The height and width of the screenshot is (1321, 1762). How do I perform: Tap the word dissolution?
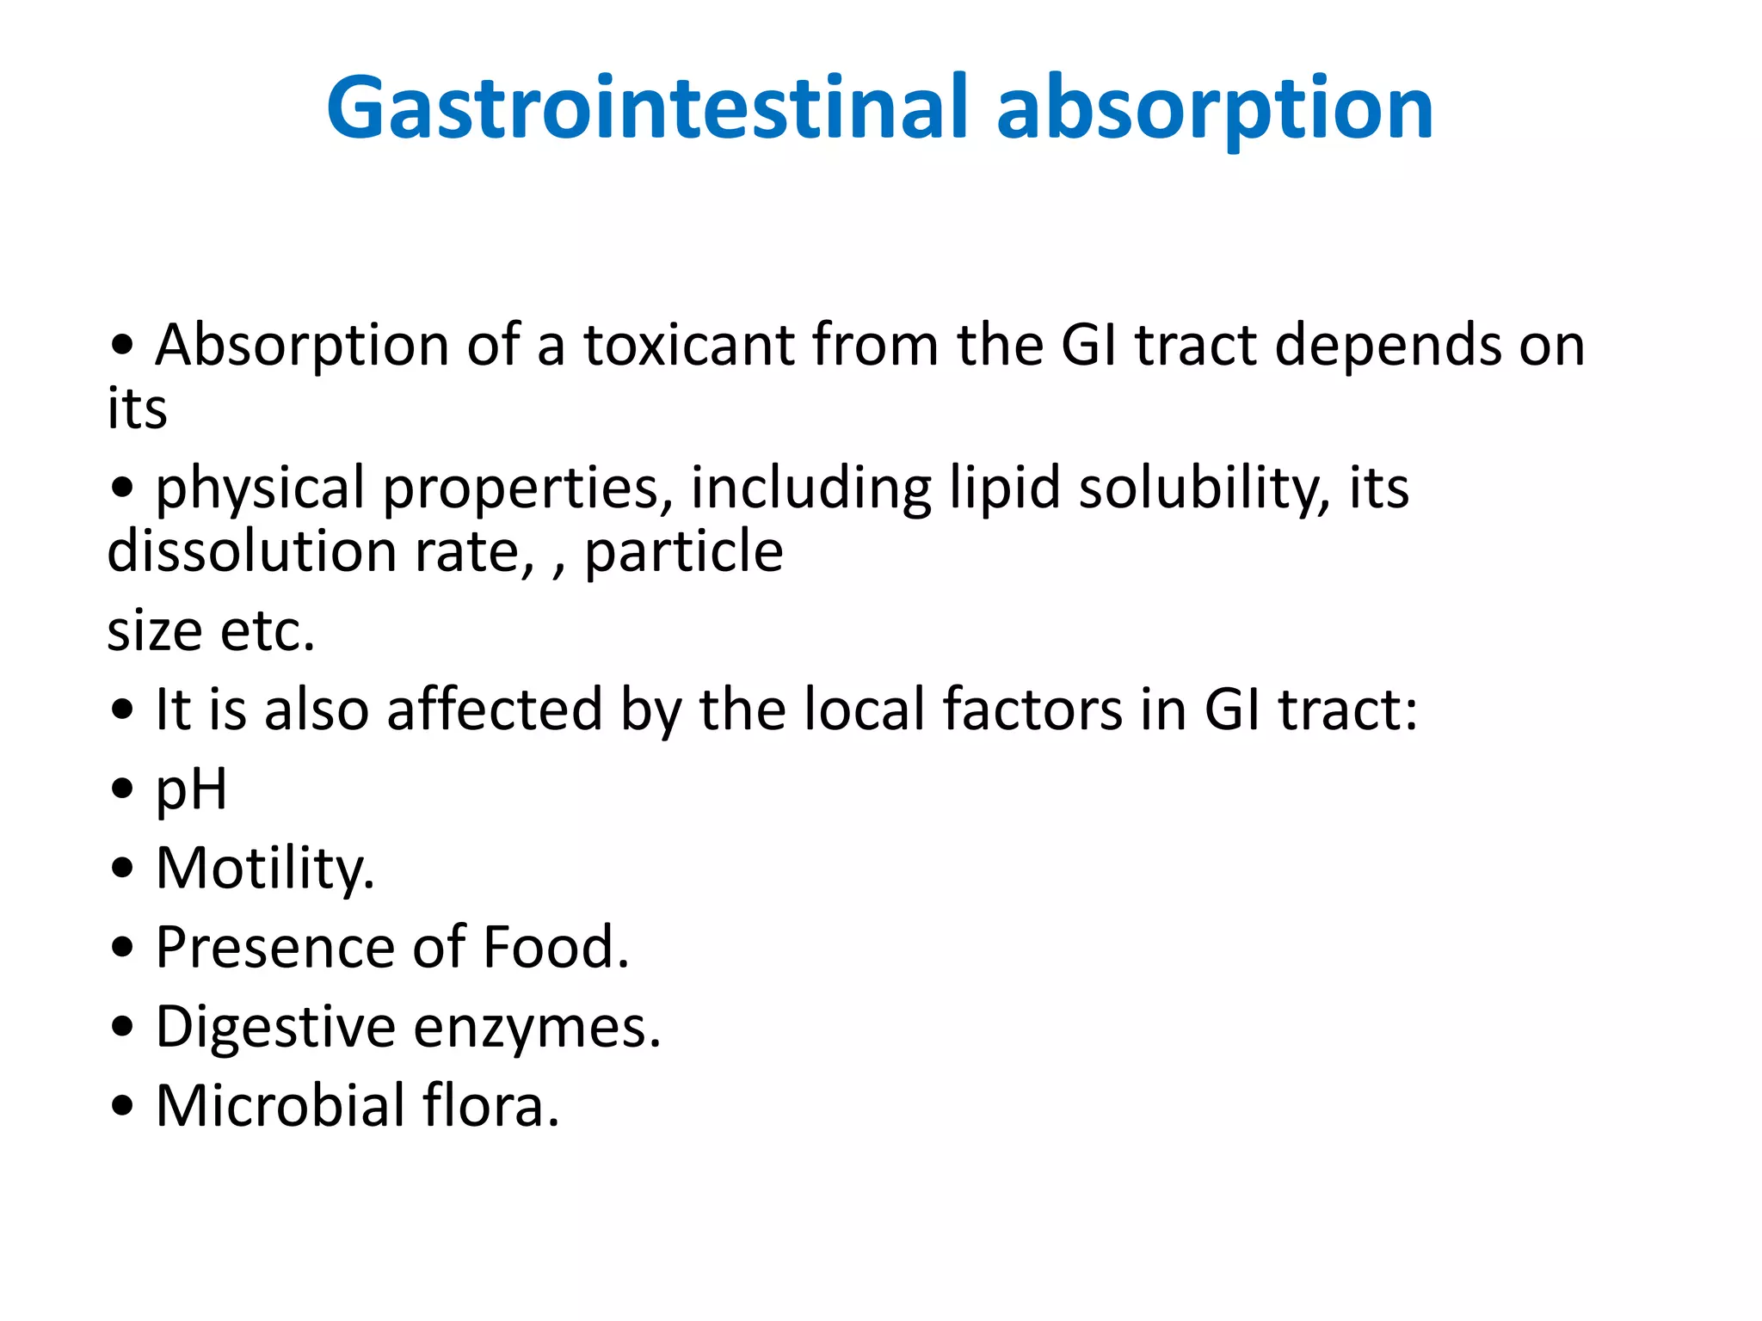[x=252, y=550]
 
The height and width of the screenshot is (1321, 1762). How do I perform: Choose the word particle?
[x=684, y=550]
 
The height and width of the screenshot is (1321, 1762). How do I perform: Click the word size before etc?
[x=155, y=630]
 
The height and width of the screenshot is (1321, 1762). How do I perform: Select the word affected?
[x=495, y=710]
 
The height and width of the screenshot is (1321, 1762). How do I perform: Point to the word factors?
[x=1033, y=710]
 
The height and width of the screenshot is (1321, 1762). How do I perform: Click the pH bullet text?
[x=191, y=790]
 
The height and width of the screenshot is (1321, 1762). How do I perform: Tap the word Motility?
[x=264, y=868]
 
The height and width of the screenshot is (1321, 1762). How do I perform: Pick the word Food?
[x=556, y=947]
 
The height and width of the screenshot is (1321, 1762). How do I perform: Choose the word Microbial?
[x=280, y=1105]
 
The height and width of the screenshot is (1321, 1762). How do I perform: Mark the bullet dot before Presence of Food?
[x=123, y=948]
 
